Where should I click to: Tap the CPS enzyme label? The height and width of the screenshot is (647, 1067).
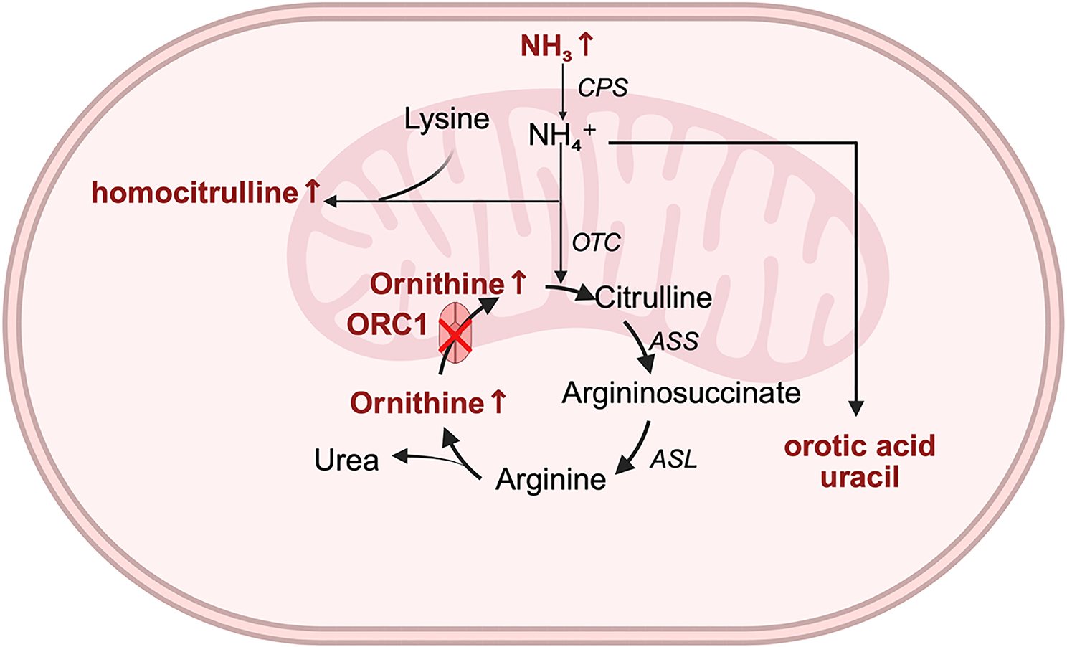602,88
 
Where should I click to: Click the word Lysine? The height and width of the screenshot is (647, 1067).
447,119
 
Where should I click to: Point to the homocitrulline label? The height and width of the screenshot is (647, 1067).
195,193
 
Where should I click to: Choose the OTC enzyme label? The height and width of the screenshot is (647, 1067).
596,242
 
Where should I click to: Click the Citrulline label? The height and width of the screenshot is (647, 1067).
653,297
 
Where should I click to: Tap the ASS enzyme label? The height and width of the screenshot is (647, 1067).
674,341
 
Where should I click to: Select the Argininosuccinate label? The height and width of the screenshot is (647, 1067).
681,392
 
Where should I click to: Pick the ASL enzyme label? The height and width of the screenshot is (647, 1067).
673,458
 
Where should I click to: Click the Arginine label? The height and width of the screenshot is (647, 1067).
551,479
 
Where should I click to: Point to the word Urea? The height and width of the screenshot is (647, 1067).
346,460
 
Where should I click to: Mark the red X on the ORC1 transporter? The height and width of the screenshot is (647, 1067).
455,336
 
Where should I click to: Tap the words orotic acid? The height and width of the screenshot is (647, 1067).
860,446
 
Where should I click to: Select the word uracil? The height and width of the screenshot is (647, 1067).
860,477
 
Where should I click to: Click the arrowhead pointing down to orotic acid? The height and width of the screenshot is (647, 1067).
855,407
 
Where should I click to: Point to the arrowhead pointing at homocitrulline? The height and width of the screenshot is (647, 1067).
331,202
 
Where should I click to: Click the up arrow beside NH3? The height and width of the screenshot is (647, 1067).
585,45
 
